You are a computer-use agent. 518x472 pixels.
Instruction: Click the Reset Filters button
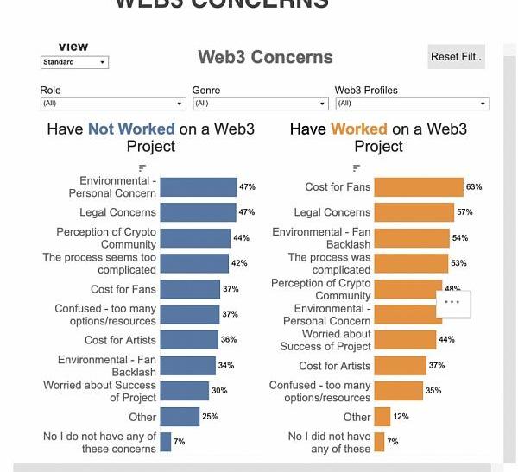(x=456, y=57)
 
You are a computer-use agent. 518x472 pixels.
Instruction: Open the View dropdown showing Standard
(x=74, y=62)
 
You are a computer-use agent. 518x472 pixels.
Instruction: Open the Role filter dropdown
(x=112, y=104)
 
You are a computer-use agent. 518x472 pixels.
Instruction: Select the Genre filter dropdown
(x=260, y=104)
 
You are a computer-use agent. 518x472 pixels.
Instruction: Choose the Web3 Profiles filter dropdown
(x=412, y=104)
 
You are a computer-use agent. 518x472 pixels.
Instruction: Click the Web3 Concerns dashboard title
(x=265, y=58)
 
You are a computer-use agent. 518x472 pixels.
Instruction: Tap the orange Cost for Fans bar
(x=419, y=186)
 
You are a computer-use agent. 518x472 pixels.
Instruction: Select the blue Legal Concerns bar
(x=198, y=212)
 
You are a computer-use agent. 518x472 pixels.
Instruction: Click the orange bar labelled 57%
(x=414, y=212)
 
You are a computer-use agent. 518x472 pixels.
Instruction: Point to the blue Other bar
(x=179, y=417)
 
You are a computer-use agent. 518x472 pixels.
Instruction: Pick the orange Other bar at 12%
(x=382, y=417)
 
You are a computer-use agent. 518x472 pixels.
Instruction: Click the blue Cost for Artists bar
(x=188, y=340)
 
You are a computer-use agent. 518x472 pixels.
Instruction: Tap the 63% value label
(x=474, y=186)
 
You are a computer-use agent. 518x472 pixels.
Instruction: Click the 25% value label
(x=210, y=417)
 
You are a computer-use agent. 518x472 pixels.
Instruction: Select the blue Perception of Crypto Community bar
(x=195, y=238)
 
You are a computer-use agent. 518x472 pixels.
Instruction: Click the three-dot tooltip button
(x=453, y=303)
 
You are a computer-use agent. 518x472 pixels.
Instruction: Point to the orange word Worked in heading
(x=359, y=129)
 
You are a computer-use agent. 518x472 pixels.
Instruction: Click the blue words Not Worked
(x=131, y=129)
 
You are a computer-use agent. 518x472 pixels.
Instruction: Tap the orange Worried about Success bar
(x=405, y=340)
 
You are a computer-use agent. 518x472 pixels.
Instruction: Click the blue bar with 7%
(x=165, y=442)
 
